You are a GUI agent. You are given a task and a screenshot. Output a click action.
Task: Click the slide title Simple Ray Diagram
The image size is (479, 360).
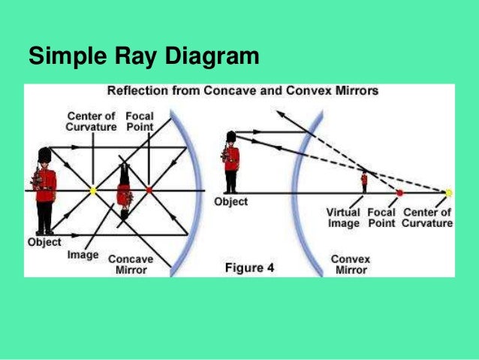point(143,56)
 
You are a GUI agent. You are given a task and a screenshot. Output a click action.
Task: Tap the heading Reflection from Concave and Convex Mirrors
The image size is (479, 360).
point(243,92)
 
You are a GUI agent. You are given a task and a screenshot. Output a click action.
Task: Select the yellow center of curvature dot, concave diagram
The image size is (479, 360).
point(93,191)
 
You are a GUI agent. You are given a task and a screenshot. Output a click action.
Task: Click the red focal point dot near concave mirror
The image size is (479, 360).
point(149,191)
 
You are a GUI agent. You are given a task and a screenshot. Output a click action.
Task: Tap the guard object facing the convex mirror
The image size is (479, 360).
point(231,161)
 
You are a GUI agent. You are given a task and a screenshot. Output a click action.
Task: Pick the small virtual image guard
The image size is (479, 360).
point(364,180)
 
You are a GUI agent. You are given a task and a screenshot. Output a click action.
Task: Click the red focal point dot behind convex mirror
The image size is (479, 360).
point(399,192)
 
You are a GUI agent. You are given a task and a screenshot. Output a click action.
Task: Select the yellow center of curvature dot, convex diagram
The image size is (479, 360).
point(448,192)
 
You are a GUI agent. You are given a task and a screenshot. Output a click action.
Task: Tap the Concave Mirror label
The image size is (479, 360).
point(131,264)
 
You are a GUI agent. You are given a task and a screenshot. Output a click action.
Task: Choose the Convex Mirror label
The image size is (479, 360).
point(351,264)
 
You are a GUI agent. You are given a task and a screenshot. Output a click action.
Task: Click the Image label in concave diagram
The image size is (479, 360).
point(83,255)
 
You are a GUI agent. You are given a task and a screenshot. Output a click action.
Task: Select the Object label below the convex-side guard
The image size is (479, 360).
point(230,201)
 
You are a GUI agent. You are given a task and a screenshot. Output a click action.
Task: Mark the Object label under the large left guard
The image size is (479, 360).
point(44,242)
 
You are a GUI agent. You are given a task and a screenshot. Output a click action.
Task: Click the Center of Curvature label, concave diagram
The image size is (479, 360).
point(92,122)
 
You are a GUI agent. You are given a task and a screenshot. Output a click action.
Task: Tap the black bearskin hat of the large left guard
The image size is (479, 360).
point(44,156)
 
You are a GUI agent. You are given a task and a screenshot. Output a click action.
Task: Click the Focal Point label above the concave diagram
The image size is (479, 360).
point(140,122)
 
